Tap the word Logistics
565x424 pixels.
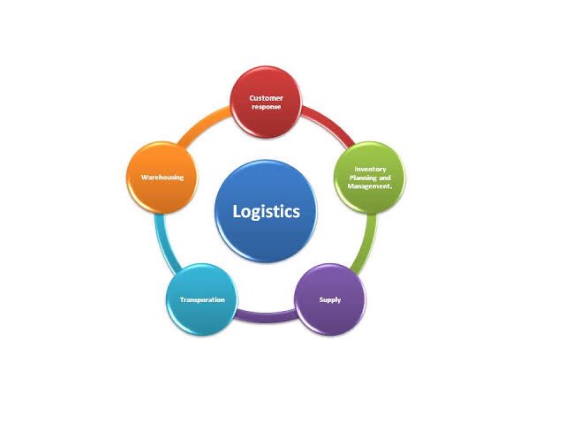[266, 211]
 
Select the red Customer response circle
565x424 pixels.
[266, 102]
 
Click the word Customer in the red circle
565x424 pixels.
[266, 97]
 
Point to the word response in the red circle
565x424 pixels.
[266, 106]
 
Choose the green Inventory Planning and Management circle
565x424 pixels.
[370, 177]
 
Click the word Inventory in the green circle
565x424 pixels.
[370, 168]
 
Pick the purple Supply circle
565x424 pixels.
[329, 299]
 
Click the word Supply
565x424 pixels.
[329, 299]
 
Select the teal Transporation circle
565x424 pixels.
[202, 299]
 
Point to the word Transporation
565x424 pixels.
[202, 299]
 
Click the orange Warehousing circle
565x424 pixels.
[162, 177]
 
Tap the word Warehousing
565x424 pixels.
[162, 178]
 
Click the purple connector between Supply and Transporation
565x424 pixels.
[266, 313]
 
